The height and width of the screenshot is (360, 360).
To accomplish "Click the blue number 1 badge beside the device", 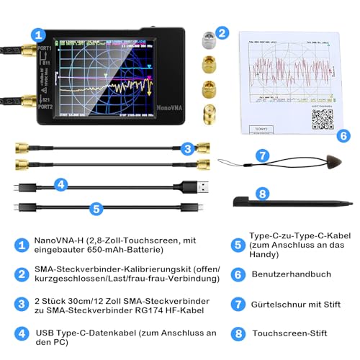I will coord(38,34).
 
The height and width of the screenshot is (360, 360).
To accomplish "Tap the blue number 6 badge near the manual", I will coord(343,135).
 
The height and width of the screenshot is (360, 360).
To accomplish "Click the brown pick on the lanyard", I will coord(313,158).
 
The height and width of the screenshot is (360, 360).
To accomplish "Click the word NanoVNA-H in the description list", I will coord(55,240).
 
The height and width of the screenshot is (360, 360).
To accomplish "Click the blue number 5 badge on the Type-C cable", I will coord(96,209).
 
